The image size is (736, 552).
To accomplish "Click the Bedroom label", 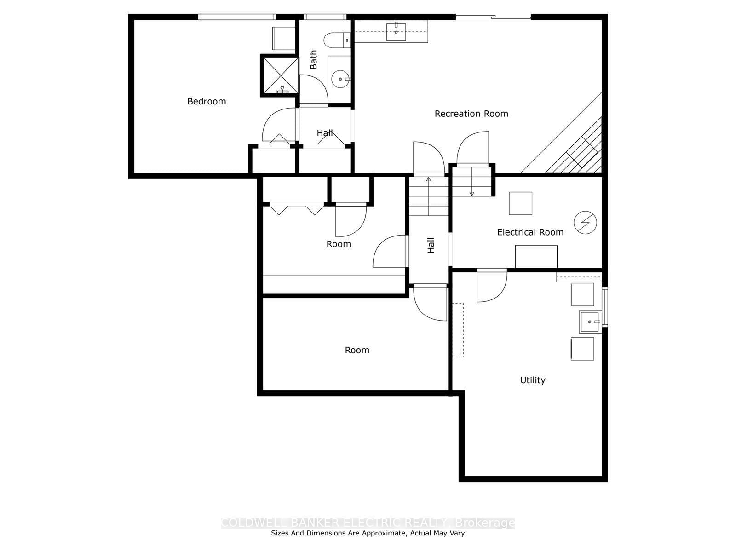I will coord(207,101).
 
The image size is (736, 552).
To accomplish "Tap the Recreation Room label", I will coord(471,114).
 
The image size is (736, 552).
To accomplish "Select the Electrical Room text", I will coord(530,232).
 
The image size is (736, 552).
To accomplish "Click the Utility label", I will coord(533,380).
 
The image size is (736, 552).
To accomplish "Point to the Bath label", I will coord(314,60).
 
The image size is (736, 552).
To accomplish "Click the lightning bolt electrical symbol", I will coord(585,223).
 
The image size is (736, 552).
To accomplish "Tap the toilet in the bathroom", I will coord(337,40).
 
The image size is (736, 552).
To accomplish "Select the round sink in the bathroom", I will coord(340,79).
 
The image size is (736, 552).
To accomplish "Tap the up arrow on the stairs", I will coord(429,179).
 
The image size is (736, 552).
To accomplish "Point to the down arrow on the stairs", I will coord(471,193).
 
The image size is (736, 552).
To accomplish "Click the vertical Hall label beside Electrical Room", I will coord(431,245).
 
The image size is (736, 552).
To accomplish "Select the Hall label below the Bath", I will coord(325,133).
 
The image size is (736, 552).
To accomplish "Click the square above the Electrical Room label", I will coord(520,203).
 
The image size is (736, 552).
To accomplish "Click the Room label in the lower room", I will coord(357,350).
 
